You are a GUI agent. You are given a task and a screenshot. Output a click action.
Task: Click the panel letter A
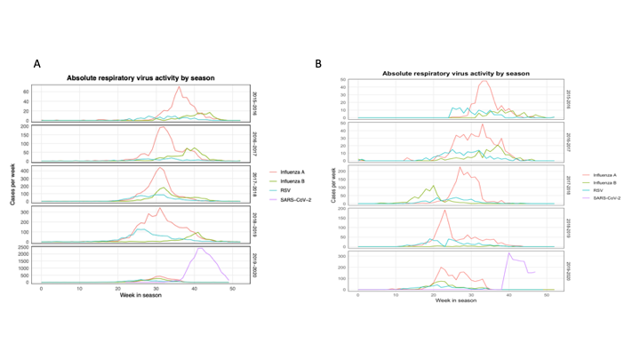click(37, 64)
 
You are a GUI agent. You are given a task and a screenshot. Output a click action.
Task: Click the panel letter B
click(319, 64)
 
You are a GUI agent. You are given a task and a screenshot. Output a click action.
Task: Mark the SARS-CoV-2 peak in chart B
click(509, 253)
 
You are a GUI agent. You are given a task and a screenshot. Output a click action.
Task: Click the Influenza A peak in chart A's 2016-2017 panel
click(163, 127)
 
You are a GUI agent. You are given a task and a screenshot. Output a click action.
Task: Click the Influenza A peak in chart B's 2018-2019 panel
click(444, 211)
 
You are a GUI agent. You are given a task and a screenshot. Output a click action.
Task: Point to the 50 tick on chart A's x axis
click(233, 289)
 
